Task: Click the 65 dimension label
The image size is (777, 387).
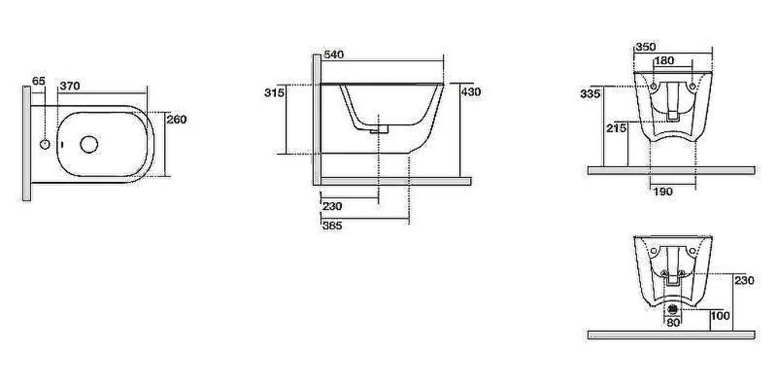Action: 39,81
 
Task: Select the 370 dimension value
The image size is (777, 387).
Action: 69,85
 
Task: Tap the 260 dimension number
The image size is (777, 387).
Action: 177,120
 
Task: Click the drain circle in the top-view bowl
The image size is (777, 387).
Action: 89,145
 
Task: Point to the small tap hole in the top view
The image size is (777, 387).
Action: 44,145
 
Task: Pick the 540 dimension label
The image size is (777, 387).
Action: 333,54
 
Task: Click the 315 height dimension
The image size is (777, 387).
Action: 274,92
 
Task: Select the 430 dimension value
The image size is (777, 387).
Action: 471,92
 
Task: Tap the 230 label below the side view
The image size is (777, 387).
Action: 332,206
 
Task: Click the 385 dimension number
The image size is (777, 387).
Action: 332,226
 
